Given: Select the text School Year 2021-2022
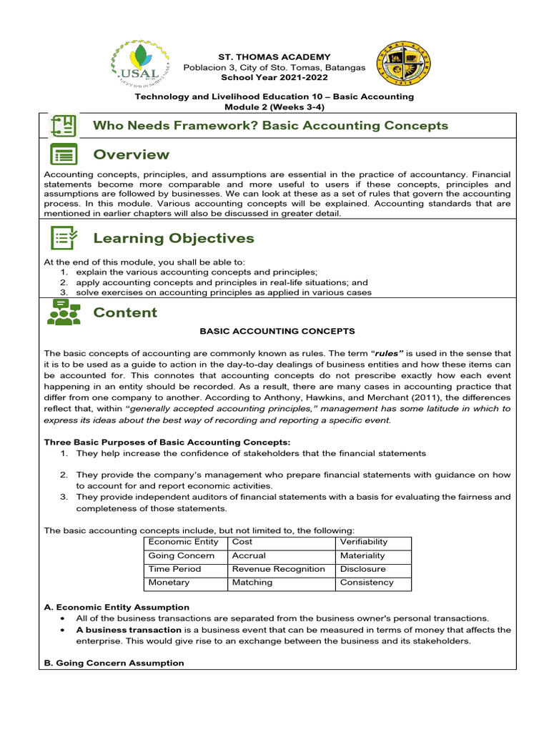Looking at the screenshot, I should point(274,77).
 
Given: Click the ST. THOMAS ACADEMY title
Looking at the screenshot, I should point(274,56).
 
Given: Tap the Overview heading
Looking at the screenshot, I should point(132,154).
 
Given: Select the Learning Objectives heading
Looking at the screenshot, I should point(174,238).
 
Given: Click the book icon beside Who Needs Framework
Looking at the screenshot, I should point(64,126).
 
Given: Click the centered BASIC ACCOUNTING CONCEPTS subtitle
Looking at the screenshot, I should point(277,332).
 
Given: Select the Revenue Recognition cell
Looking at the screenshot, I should point(280,569).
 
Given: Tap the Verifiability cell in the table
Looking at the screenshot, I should point(375,543).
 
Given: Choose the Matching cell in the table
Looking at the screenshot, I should point(280,583).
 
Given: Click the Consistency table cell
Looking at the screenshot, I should point(375,583).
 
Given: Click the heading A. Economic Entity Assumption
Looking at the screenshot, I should point(117,608).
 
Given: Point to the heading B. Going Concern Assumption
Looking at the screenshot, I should point(114,663).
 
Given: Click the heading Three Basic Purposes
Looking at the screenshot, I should point(167,442).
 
